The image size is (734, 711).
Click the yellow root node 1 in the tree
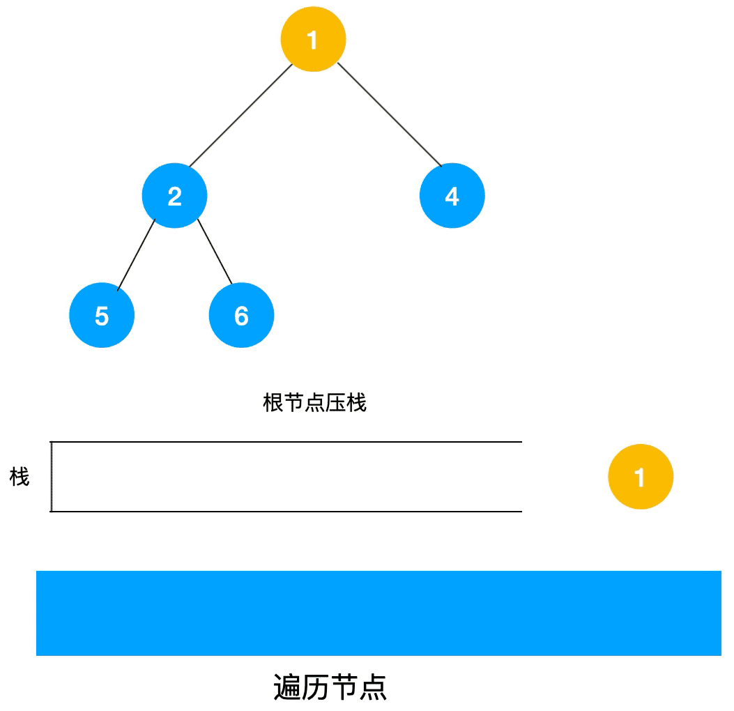(x=313, y=39)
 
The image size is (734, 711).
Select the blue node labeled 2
(x=174, y=196)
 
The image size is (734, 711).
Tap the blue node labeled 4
(x=452, y=196)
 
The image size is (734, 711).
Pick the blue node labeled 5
(x=102, y=316)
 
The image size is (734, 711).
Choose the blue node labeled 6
(x=241, y=316)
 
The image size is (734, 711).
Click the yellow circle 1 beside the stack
(x=640, y=477)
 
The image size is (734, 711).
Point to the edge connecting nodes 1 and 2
(x=240, y=116)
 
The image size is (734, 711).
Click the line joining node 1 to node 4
(x=389, y=114)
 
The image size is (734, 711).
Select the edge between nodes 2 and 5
(x=136, y=254)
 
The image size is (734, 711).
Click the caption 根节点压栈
(x=314, y=403)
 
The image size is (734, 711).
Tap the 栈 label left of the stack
(x=20, y=477)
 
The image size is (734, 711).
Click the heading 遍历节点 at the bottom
(x=330, y=687)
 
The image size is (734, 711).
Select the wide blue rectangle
(x=378, y=613)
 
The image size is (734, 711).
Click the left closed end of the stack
(x=52, y=477)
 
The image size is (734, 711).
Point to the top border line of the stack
(x=286, y=442)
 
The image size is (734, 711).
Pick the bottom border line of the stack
(x=286, y=511)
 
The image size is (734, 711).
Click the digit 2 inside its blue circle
(x=174, y=197)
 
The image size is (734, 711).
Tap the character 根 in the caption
(x=273, y=403)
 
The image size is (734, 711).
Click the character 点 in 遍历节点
(x=374, y=687)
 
